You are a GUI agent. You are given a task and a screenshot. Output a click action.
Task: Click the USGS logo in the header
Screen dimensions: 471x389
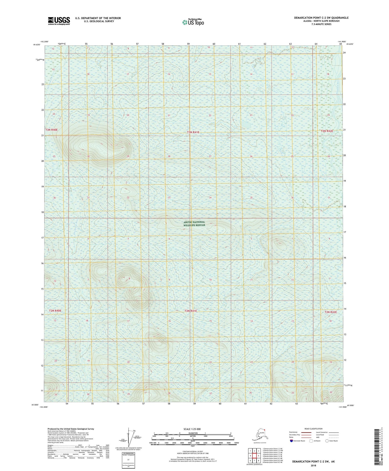[x=59, y=21]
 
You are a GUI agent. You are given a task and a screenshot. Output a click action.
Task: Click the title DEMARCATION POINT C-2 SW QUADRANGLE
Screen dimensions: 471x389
[x=321, y=18]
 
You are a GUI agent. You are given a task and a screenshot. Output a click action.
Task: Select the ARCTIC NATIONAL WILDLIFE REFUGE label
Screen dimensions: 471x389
[x=194, y=224]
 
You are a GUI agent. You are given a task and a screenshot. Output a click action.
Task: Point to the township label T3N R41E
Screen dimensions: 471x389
[x=193, y=132]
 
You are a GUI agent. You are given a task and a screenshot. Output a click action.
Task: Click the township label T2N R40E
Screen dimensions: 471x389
[x=55, y=311]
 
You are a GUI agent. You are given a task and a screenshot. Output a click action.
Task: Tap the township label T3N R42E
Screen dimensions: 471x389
[x=327, y=131]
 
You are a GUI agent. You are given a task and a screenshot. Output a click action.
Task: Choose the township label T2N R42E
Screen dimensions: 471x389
[x=330, y=312]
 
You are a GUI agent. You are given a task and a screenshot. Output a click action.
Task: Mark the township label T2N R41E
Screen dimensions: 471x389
[x=191, y=311]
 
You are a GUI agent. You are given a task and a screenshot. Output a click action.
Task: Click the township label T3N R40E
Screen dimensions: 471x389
[x=51, y=130]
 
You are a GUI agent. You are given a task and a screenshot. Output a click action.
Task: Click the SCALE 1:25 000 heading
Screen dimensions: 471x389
[x=192, y=429]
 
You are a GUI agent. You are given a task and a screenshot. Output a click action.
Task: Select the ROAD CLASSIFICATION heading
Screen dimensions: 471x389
[x=313, y=429]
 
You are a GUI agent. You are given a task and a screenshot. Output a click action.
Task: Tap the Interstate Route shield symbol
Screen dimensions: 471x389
[x=292, y=441]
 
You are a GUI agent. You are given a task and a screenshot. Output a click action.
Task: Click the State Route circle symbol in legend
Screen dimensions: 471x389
[x=327, y=441]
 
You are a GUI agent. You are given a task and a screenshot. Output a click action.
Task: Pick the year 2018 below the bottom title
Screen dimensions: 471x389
[x=313, y=465]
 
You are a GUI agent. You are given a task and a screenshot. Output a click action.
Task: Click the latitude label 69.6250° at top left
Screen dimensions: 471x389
[x=37, y=45]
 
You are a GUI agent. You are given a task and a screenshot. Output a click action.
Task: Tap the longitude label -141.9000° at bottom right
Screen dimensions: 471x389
[x=342, y=407]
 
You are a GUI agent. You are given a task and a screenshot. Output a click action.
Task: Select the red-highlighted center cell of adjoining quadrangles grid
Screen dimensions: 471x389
[x=254, y=456]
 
